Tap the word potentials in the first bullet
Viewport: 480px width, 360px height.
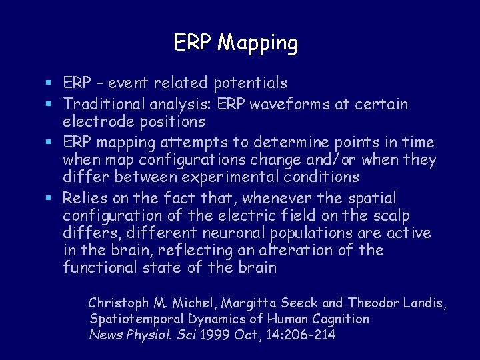pyautogui.click(x=251, y=83)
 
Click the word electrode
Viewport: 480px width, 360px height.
pyautogui.click(x=97, y=121)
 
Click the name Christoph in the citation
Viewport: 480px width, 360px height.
pyautogui.click(x=117, y=303)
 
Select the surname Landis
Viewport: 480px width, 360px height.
pyautogui.click(x=423, y=303)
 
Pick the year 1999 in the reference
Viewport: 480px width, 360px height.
pyautogui.click(x=215, y=335)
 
